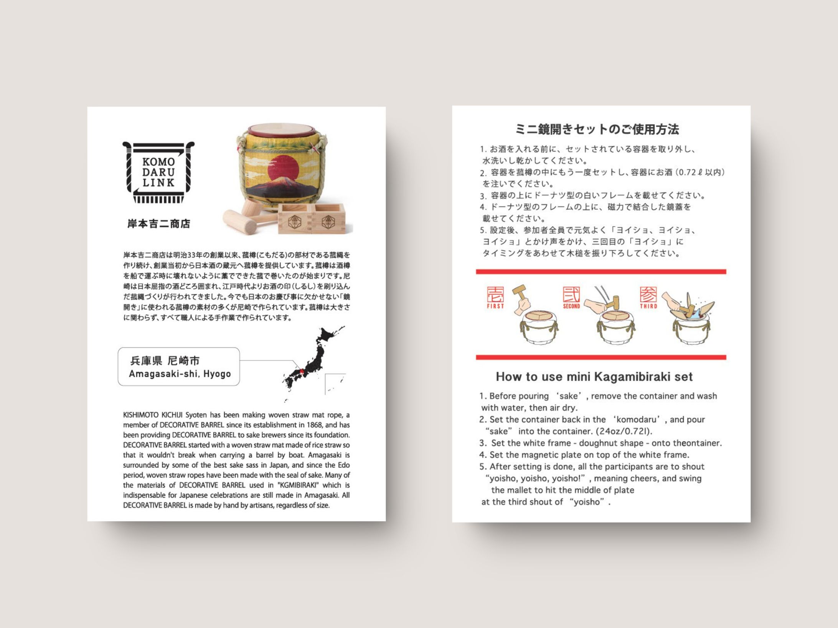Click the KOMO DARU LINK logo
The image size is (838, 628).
pos(158,173)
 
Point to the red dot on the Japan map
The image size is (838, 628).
pos(301,371)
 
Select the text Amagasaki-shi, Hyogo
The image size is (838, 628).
pos(180,374)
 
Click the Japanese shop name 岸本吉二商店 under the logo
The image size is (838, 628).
pos(159,224)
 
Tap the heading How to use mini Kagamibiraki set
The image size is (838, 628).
pos(594,377)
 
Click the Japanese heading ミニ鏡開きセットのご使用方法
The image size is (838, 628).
pos(597,129)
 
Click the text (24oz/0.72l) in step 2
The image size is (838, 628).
pos(624,431)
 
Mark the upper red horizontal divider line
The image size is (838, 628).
pos(601,272)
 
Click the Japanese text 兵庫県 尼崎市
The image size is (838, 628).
pos(165,361)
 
